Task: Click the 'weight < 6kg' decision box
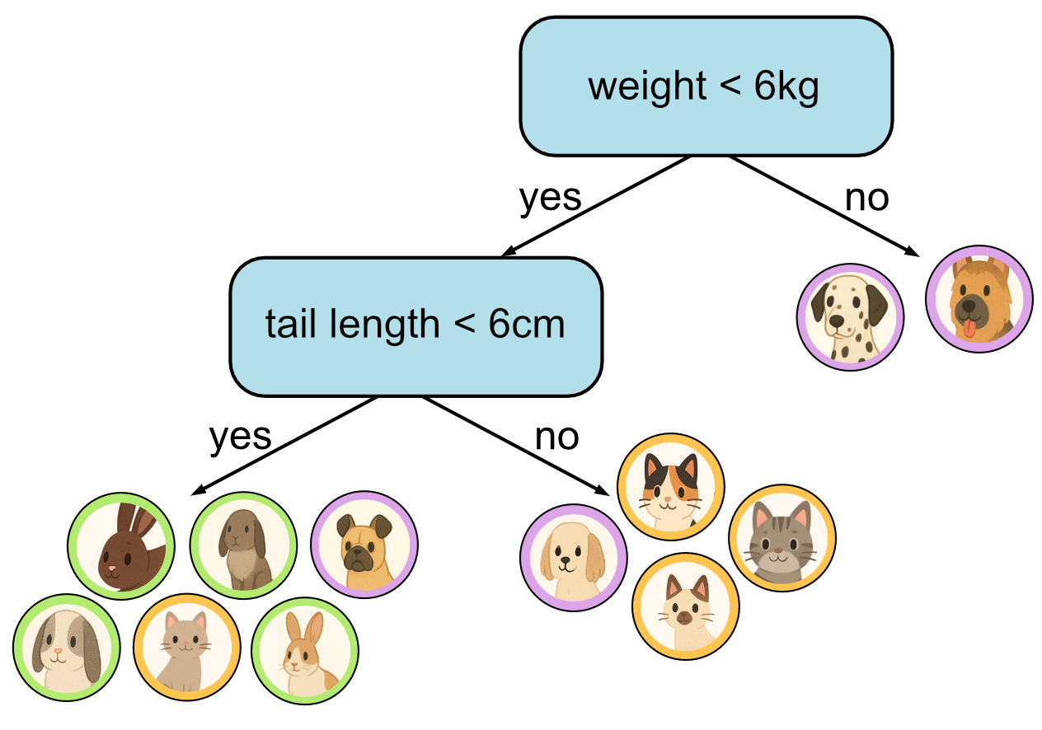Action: pos(705,87)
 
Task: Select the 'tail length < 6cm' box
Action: pos(415,325)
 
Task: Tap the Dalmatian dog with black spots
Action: pos(850,317)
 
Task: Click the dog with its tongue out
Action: pos(979,299)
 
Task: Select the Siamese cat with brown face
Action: pos(685,606)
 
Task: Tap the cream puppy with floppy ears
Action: pos(574,557)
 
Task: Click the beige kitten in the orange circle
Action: pos(187,647)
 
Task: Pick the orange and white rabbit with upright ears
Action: pos(304,648)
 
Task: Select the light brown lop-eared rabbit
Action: pos(243,545)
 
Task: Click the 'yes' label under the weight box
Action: pos(550,198)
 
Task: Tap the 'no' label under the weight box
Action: pos(866,198)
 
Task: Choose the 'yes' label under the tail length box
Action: pos(240,437)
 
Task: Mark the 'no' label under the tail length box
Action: pos(556,437)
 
